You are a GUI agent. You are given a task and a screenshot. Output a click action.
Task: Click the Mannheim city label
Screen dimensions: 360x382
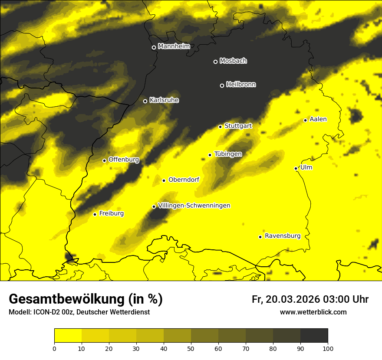(x=174, y=46)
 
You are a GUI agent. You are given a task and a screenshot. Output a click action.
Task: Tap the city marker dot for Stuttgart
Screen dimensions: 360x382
(x=220, y=127)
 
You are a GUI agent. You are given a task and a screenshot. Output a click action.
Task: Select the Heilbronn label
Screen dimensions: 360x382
(x=241, y=84)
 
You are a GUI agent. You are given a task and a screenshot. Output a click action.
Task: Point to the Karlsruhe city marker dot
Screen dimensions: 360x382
(x=145, y=101)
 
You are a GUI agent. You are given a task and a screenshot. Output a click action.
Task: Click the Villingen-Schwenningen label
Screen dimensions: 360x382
(x=194, y=205)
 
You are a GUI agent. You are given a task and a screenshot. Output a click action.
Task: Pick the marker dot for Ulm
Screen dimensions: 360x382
(x=296, y=168)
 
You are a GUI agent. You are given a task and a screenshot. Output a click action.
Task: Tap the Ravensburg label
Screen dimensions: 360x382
(x=282, y=236)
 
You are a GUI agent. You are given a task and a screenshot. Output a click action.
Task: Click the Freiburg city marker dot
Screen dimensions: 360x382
(x=95, y=214)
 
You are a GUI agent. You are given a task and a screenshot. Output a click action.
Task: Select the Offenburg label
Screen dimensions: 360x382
(x=124, y=159)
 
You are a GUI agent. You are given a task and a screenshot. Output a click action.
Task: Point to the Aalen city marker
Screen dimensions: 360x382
(x=305, y=120)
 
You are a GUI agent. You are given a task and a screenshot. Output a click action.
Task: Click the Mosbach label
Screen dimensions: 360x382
(x=233, y=61)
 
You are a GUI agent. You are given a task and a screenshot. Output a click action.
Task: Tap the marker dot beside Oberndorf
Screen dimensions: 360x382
(x=164, y=180)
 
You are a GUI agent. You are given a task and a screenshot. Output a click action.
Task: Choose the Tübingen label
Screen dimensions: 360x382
(x=228, y=154)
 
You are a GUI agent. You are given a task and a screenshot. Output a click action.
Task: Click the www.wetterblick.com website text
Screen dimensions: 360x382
(x=313, y=312)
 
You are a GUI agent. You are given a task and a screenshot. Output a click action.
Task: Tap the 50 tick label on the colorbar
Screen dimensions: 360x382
(x=191, y=348)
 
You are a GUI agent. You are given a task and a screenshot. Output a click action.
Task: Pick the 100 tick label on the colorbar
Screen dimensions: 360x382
(x=328, y=348)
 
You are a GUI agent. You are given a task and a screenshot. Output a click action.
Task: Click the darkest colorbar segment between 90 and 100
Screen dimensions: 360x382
(x=314, y=336)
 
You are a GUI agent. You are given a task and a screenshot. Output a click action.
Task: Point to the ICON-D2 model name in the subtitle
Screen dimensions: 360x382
(x=46, y=312)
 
